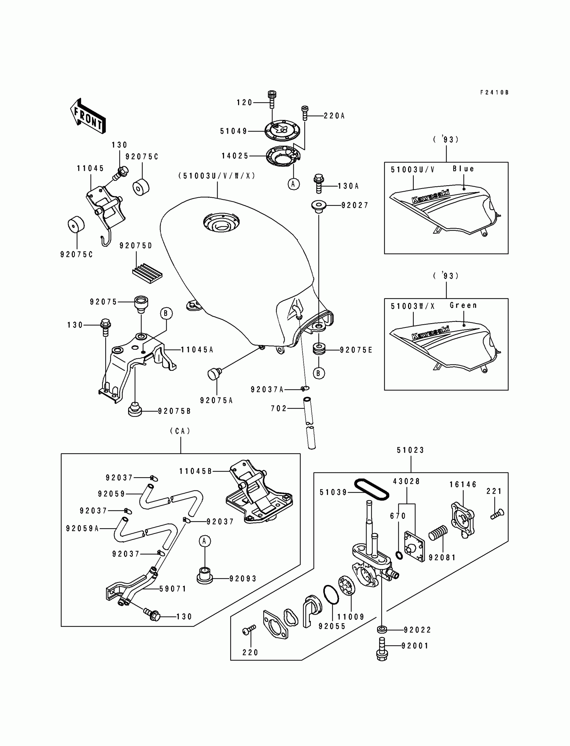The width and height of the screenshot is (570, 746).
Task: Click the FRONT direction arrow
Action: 88,116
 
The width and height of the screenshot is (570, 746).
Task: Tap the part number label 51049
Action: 234,131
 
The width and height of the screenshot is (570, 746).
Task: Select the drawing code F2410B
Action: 494,92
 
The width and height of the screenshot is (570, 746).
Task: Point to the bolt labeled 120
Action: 272,99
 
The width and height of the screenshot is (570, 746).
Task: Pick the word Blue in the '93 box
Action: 463,169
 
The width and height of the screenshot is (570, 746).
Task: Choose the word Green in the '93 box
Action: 463,305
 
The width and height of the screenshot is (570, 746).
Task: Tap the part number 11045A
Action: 197,350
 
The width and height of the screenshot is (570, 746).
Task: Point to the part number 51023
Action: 410,450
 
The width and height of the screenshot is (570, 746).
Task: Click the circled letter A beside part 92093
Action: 205,541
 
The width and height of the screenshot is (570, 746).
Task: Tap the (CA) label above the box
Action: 180,431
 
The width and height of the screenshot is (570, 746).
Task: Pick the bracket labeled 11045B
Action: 259,491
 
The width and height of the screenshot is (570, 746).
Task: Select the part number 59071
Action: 173,589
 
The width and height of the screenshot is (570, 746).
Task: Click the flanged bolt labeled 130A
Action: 319,183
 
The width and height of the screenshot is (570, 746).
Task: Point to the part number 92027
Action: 355,205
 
